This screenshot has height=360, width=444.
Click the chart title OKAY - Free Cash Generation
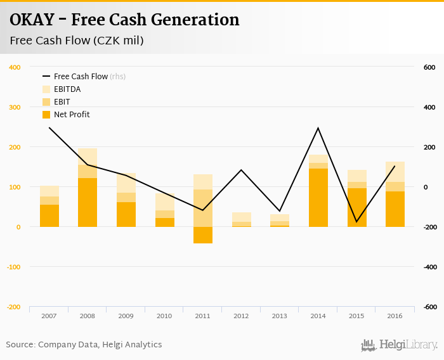124,20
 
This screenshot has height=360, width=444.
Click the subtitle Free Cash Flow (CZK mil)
76,41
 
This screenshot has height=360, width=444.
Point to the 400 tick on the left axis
15,67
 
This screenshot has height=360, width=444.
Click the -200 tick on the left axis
13,307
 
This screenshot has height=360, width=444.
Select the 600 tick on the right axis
429,67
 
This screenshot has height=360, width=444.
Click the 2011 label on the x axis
203,316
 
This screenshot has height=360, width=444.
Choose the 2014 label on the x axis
318,316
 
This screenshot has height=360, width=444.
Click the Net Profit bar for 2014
318,198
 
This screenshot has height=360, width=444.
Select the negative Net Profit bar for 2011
203,235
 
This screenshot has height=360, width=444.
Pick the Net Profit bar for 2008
88,203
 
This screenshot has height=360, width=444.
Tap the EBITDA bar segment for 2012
242,217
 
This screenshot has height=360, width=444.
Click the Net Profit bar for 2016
395,209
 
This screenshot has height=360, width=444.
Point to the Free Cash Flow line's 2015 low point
356,222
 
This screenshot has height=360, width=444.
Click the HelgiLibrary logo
400,345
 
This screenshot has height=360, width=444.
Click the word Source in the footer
20,345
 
